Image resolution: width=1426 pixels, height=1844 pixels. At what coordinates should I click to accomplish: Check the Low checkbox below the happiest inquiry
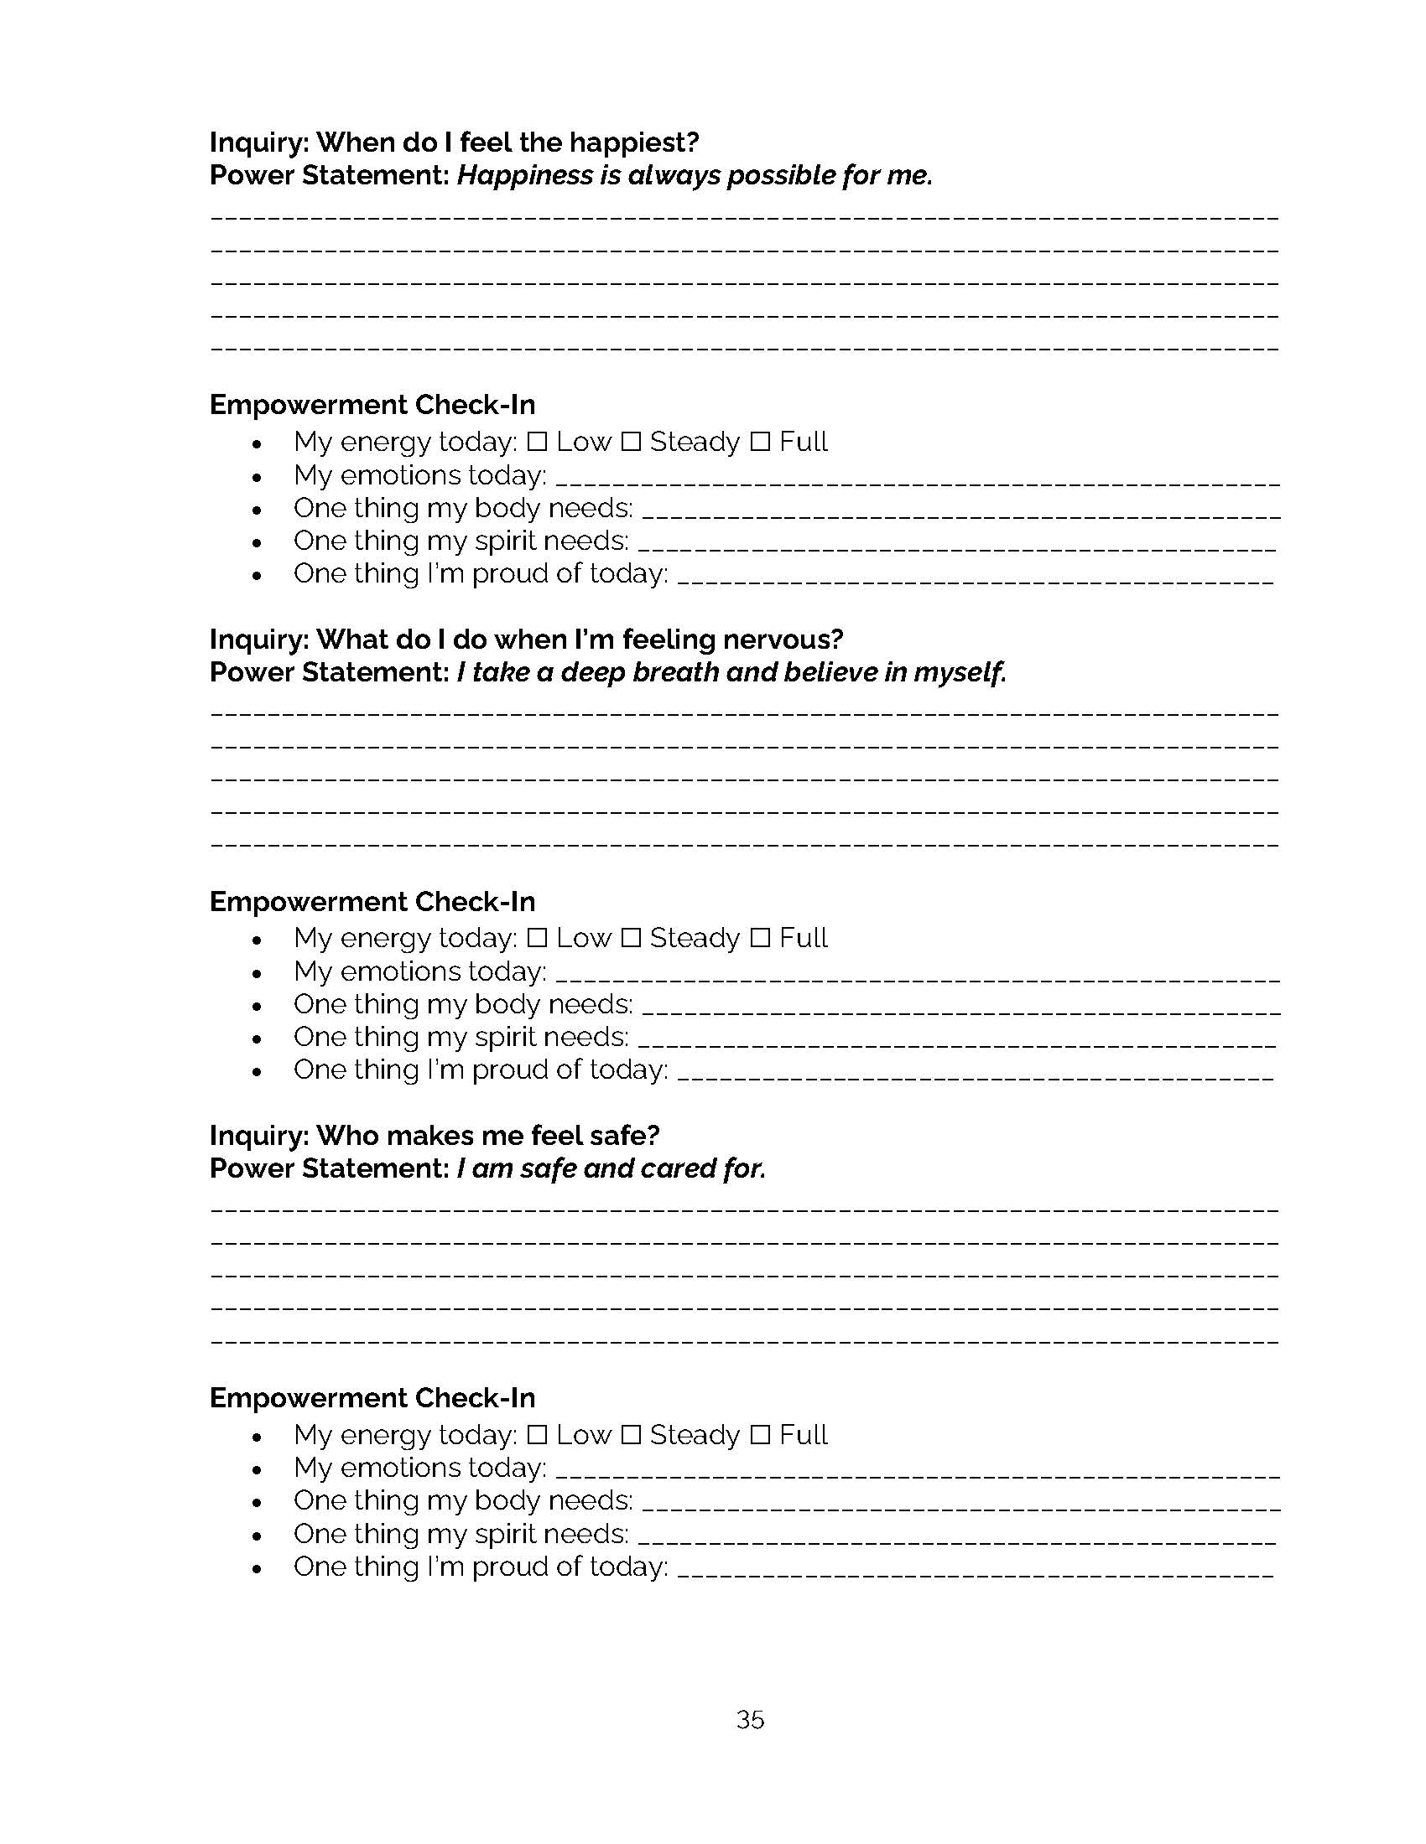tap(537, 442)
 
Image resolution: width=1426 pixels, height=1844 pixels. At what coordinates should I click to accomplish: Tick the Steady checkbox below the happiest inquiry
tap(630, 442)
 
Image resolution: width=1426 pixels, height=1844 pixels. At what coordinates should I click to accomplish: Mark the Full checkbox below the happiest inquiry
tap(760, 442)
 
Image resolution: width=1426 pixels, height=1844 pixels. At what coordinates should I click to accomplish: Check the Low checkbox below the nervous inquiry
tap(537, 938)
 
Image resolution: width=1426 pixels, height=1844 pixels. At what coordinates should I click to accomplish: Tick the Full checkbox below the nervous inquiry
tap(760, 938)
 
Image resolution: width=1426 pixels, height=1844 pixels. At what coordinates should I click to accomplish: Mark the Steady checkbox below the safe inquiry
tap(630, 1434)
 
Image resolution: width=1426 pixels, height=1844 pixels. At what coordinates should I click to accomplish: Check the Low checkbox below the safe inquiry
tap(537, 1434)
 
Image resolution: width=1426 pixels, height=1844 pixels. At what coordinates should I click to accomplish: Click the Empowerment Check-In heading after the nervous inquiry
tap(372, 902)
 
